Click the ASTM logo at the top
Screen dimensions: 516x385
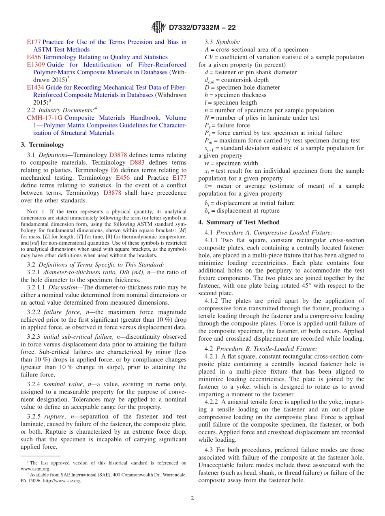[158, 28]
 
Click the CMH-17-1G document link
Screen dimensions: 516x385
[44, 118]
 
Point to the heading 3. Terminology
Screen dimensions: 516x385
[43, 145]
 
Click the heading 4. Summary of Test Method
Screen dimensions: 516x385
[239, 222]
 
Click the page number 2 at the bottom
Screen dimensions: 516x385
[192, 498]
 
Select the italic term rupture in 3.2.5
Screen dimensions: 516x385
[54, 417]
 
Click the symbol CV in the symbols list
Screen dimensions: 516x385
[209, 57]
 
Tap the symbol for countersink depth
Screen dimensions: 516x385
[209, 80]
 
